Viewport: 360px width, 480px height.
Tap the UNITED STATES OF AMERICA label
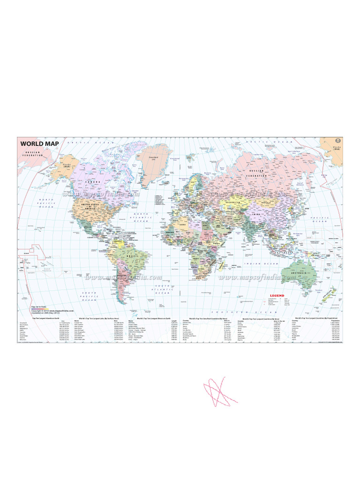[x=91, y=207]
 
